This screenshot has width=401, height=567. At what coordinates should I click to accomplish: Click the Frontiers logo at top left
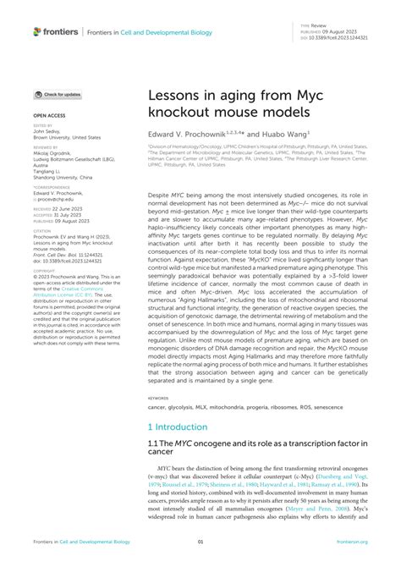click(55, 32)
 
